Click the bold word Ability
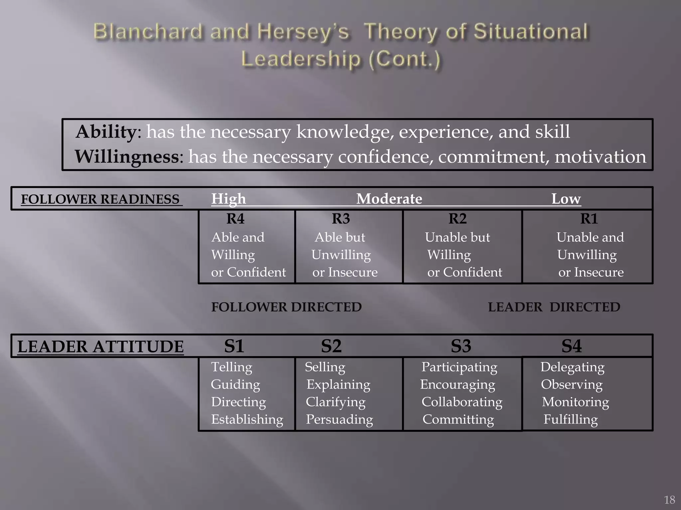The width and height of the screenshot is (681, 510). (106, 132)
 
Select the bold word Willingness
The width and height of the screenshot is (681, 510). (127, 157)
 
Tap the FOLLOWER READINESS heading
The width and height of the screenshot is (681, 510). (100, 199)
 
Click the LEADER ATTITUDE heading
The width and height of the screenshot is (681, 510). (100, 347)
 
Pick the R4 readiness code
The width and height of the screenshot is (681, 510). (235, 219)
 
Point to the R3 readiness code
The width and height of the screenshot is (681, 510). (341, 219)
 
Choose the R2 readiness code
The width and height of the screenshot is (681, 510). (458, 219)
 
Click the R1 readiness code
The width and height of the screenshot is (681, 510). (589, 219)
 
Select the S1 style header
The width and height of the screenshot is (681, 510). (234, 346)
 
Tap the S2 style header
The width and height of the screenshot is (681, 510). (331, 346)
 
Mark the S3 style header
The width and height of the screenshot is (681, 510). (461, 346)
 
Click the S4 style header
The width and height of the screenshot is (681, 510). (572, 346)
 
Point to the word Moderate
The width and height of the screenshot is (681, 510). (389, 199)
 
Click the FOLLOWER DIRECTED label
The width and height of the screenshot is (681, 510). (286, 307)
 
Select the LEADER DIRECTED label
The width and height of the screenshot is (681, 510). (554, 307)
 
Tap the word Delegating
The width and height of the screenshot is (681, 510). (572, 367)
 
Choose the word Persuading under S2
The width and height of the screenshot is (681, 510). (339, 420)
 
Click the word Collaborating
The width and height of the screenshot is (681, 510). (462, 402)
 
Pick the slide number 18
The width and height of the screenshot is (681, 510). (669, 500)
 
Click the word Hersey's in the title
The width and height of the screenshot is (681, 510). (303, 32)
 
